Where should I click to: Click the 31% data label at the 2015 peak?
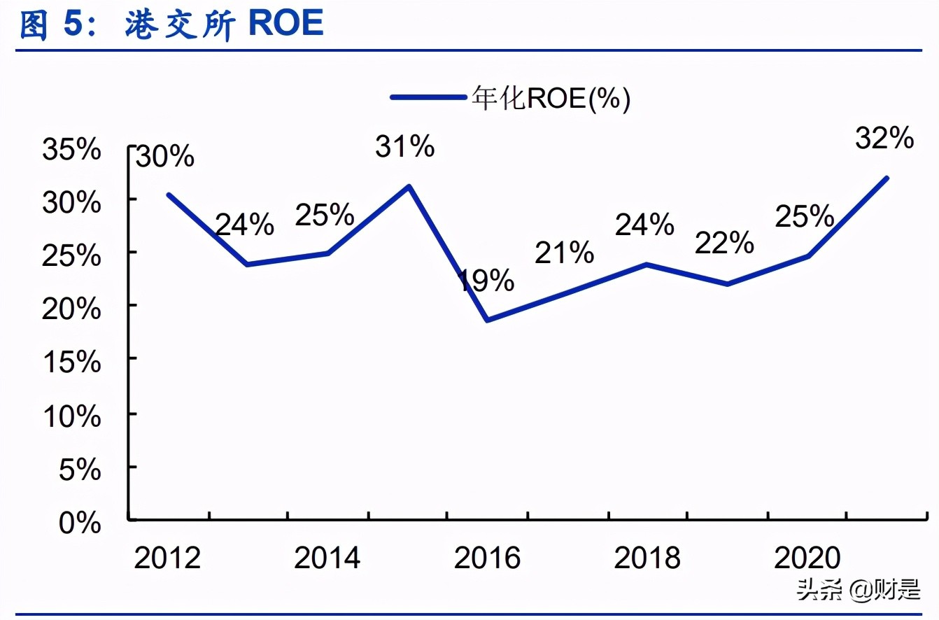click(404, 147)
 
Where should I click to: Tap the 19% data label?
click(486, 281)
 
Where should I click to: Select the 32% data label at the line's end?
click(884, 139)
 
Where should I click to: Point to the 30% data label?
click(164, 157)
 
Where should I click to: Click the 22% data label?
click(724, 243)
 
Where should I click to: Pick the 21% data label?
click(565, 253)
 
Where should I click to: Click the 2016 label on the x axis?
click(487, 558)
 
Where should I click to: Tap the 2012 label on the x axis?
click(167, 558)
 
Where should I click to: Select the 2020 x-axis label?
click(807, 558)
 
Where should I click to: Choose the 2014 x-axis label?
click(327, 558)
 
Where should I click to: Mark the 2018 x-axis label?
click(647, 558)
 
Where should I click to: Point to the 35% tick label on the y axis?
click(71, 150)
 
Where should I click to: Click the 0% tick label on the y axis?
click(80, 523)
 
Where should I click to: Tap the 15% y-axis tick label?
click(71, 362)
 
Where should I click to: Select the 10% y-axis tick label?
click(71, 416)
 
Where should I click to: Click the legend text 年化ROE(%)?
click(551, 99)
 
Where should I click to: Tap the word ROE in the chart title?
click(286, 23)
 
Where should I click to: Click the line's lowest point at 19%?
click(487, 320)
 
